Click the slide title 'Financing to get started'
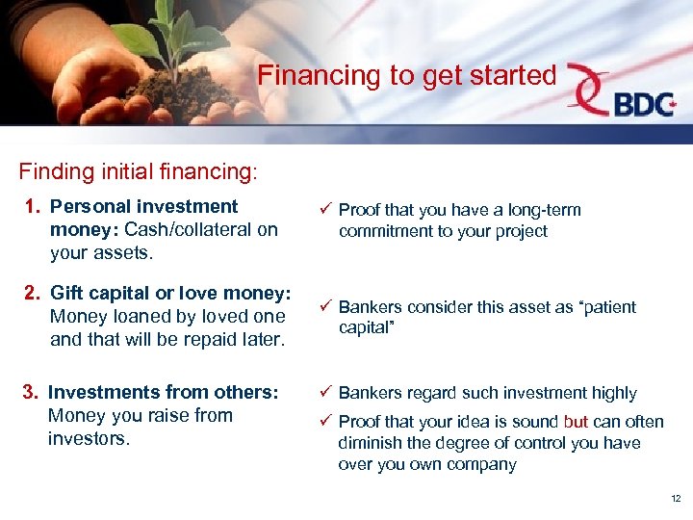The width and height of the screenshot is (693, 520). [407, 75]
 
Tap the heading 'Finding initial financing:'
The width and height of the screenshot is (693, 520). [138, 171]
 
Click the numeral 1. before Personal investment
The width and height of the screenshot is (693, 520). [32, 207]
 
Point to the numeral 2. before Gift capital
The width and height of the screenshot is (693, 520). [32, 293]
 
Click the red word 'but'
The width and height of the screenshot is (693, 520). [577, 422]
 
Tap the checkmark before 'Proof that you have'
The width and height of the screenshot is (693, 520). [324, 210]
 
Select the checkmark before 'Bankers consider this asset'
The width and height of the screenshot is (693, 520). [324, 307]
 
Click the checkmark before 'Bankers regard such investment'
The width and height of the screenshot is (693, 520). [324, 393]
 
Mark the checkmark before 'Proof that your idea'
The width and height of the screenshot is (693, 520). [324, 422]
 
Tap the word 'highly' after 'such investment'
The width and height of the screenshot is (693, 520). [612, 393]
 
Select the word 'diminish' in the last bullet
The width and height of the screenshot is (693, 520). [370, 443]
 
